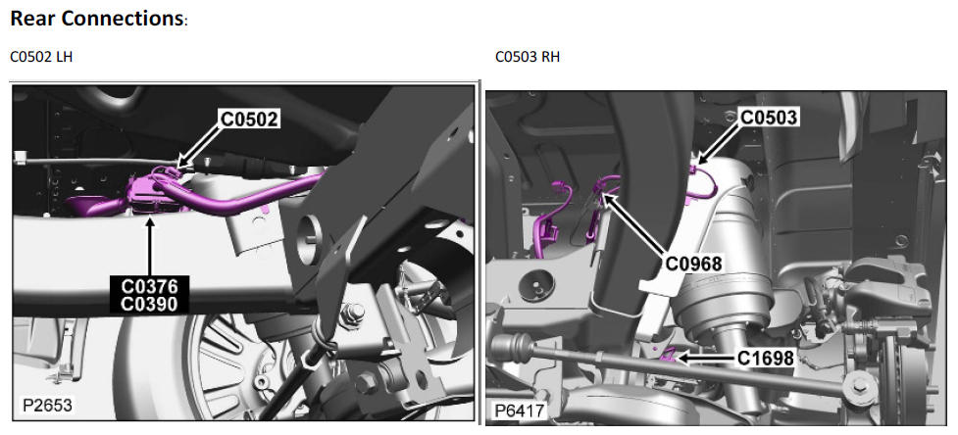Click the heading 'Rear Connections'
pos(98,19)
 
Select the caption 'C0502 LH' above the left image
pos(41,57)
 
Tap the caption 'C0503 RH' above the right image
pos(528,57)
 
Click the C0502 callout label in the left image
pos(249,120)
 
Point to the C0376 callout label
pos(150,285)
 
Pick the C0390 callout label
pos(150,304)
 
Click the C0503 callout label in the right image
pos(769,118)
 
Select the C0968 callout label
pos(694,264)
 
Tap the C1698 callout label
pos(766,359)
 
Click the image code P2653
pos(46,406)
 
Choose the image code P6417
pos(520,410)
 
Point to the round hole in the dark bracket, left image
pos(309,233)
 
